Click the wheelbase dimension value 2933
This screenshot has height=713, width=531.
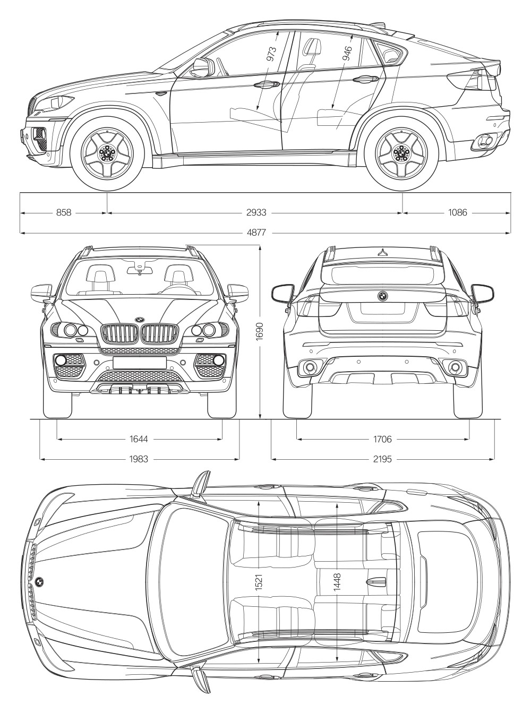(x=256, y=212)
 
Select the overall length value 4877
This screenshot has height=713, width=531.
(x=256, y=233)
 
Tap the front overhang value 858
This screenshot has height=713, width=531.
(x=64, y=212)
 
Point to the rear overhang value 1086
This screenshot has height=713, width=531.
(x=458, y=212)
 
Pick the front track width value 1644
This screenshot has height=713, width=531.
(x=139, y=439)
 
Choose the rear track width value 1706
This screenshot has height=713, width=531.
(x=382, y=439)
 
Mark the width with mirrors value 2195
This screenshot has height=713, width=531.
(x=382, y=459)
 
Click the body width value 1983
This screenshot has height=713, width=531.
(x=139, y=459)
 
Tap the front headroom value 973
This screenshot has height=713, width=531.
(x=271, y=54)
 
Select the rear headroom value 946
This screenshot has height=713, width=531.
(x=347, y=54)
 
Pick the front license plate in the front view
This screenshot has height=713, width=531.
(x=139, y=362)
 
